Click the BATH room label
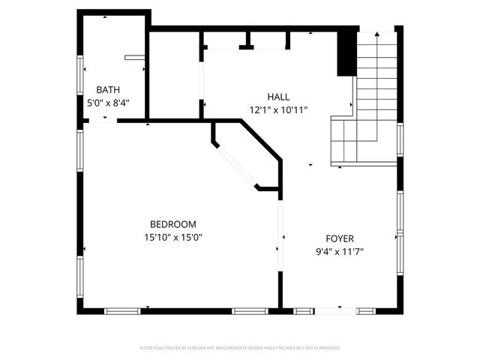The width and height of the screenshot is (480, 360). point(107,90)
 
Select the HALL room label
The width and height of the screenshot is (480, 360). point(278,97)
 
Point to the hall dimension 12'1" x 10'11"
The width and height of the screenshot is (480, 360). point(278,109)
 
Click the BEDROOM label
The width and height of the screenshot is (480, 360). point(173,224)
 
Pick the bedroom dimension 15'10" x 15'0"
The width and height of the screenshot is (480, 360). point(173,237)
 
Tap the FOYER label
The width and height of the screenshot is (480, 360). point(339,239)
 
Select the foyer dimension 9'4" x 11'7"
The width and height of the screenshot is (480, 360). point(339,252)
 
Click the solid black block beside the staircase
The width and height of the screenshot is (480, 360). point(346,52)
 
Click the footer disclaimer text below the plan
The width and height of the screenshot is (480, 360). point(240,348)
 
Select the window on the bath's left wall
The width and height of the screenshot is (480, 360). point(79,75)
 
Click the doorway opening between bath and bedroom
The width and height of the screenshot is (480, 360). point(103,121)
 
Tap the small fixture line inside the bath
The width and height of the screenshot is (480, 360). point(135,55)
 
